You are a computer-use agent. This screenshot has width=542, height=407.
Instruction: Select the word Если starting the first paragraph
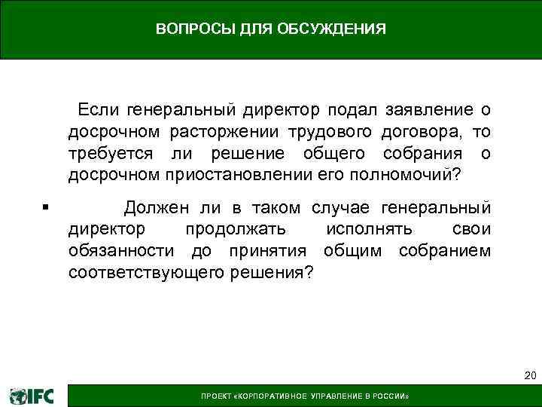99,111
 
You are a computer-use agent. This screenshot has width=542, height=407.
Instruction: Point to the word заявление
428,111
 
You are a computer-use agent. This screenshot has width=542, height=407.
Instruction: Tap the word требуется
110,155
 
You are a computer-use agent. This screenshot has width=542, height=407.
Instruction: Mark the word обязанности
115,250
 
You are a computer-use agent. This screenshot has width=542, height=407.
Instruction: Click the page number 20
529,375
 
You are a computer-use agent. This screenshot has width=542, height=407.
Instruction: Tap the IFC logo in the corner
32,396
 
